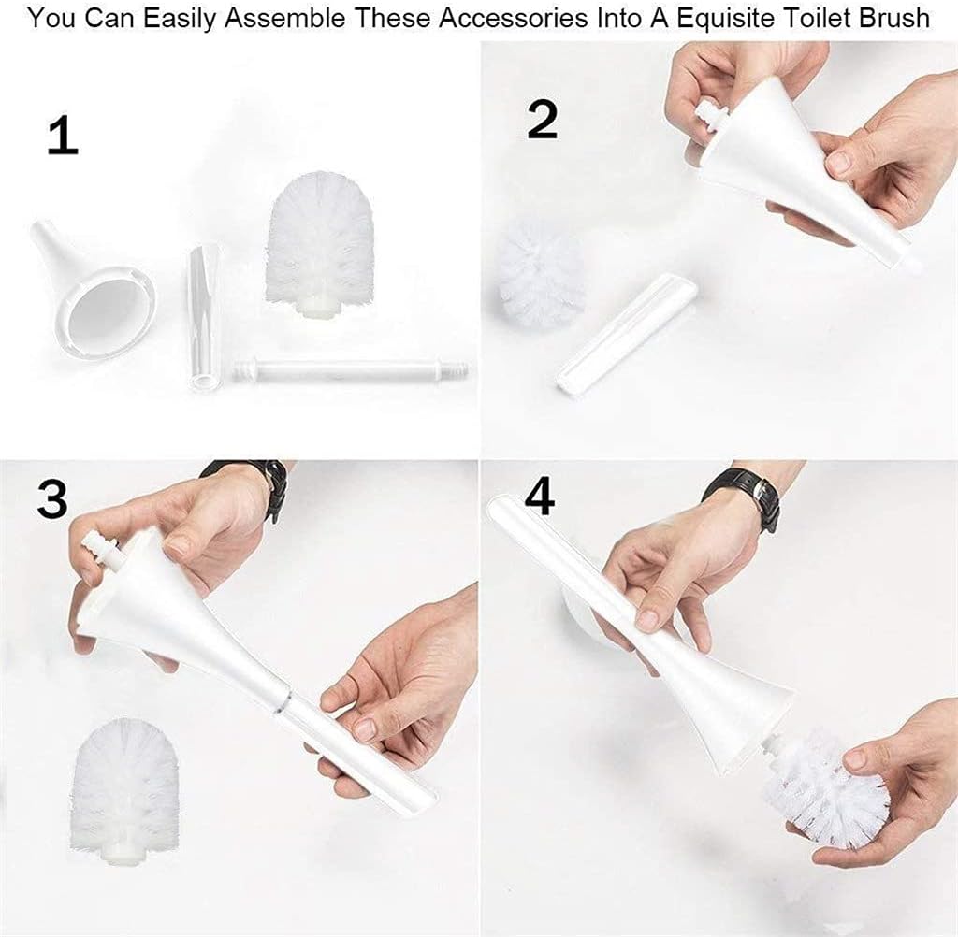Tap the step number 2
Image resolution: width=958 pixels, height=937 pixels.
(542, 119)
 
